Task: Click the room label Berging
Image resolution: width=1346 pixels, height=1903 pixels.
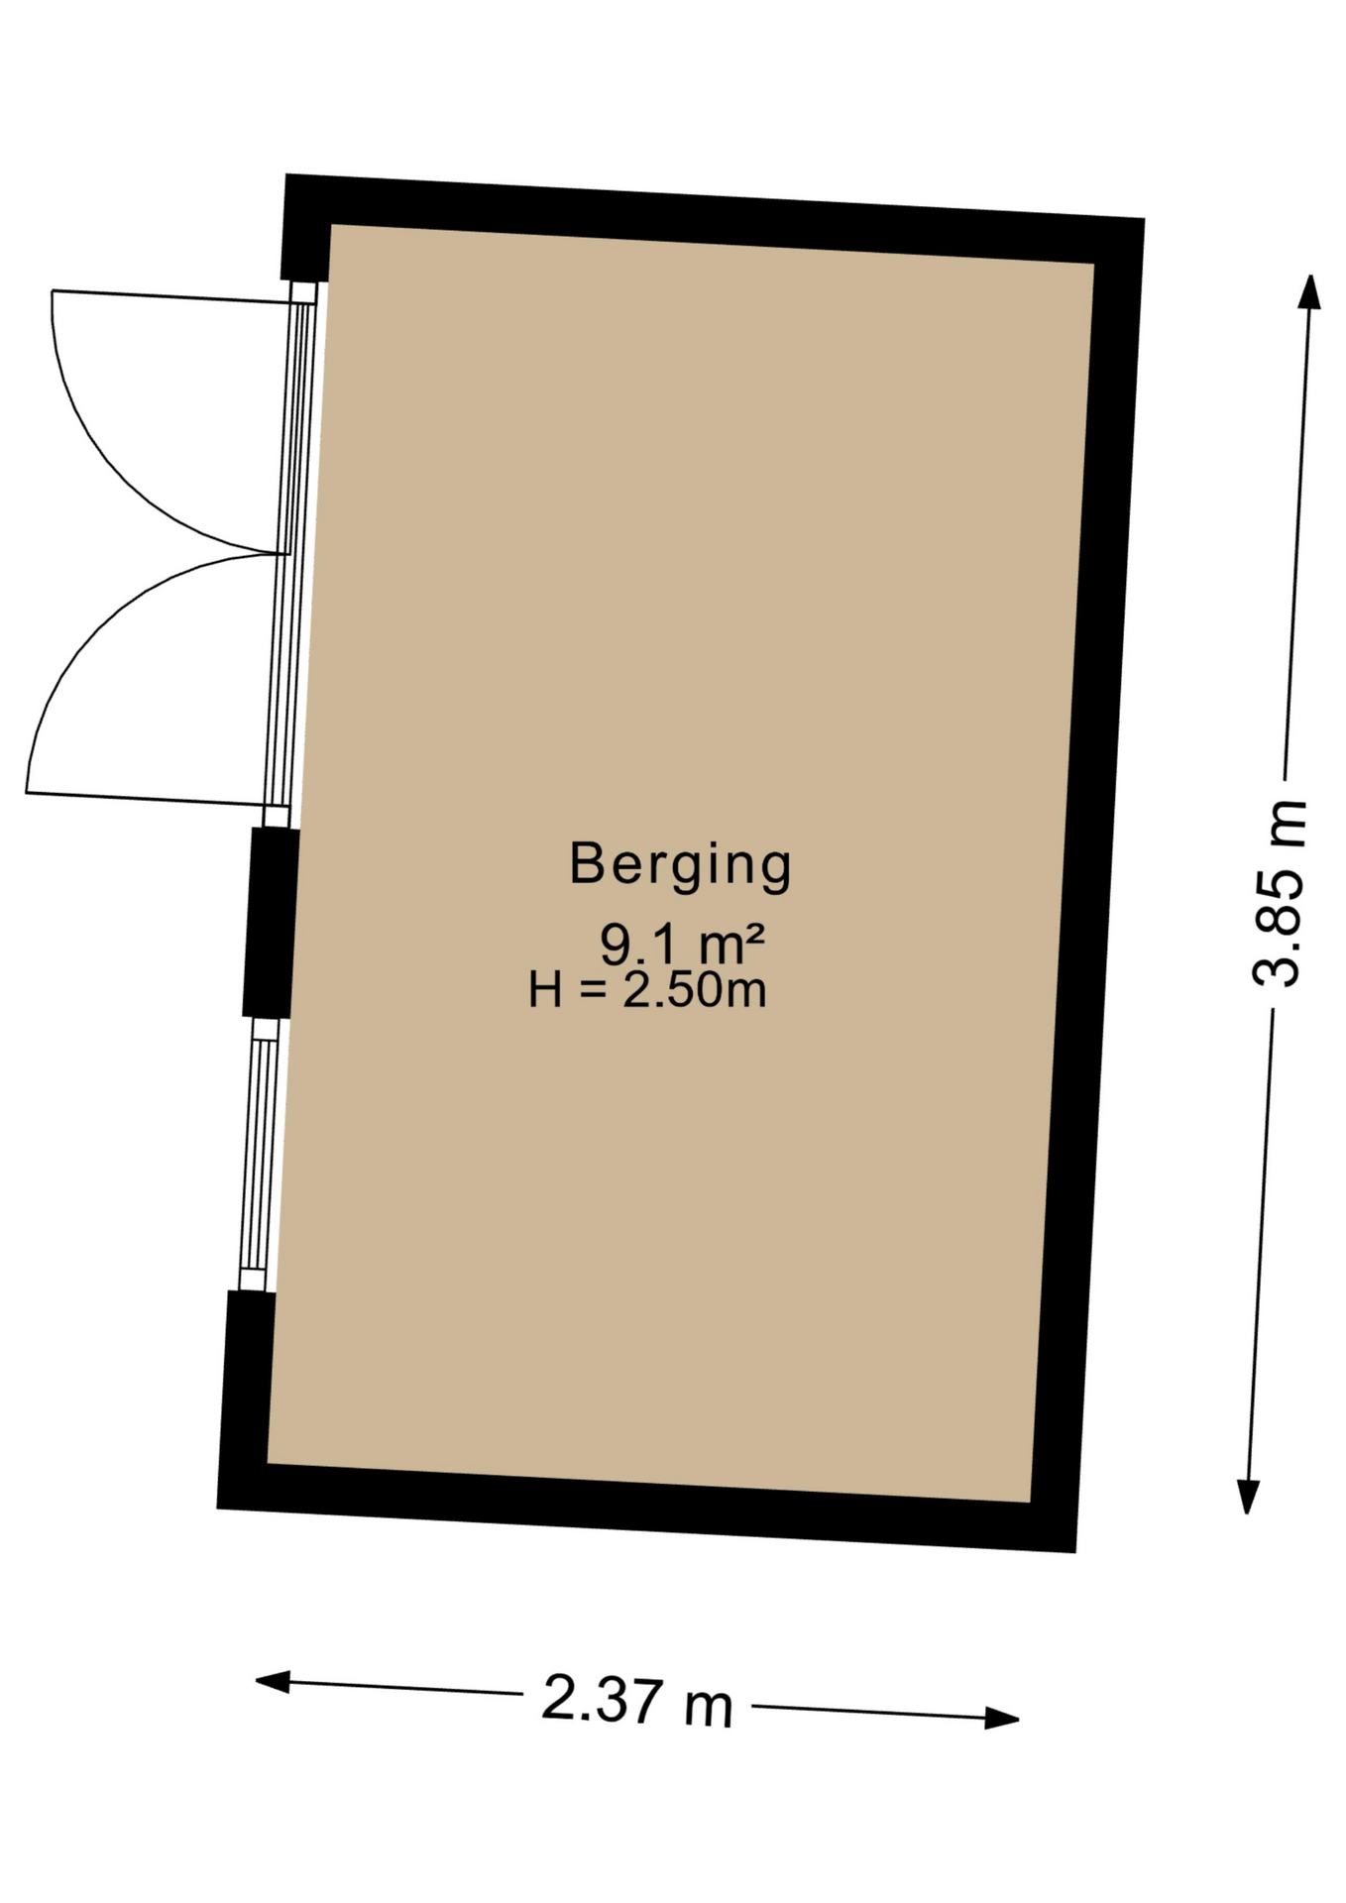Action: [x=680, y=866]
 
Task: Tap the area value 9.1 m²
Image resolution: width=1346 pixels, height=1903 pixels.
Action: [x=682, y=944]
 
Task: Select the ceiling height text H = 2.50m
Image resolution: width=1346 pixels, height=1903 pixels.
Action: [x=647, y=989]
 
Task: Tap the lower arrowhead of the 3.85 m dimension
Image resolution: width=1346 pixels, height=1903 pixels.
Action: [x=1248, y=1496]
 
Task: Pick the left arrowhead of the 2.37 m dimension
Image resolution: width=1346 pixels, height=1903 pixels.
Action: [x=273, y=1681]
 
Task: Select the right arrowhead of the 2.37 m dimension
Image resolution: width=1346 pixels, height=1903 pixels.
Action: [x=1002, y=1718]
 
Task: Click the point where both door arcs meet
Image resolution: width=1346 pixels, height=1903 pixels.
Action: [x=280, y=553]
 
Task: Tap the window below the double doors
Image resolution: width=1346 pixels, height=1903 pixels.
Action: [x=259, y=1156]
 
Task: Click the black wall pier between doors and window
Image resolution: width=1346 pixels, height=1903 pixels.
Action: [x=271, y=922]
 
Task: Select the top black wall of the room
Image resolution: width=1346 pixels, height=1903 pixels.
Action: [x=714, y=220]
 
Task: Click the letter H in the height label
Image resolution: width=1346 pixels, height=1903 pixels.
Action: [x=545, y=989]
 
